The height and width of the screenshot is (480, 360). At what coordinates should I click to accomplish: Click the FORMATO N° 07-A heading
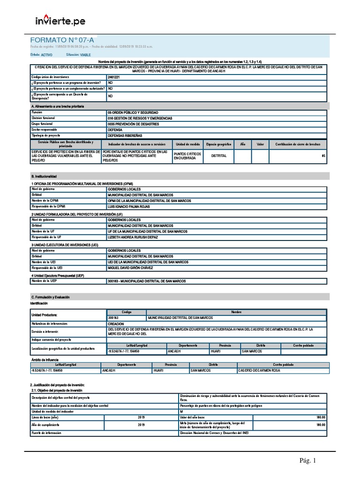tap(59, 40)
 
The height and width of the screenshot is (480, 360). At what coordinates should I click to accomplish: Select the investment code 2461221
tap(113, 76)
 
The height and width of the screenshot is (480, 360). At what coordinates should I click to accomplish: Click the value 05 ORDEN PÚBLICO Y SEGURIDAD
tap(133, 113)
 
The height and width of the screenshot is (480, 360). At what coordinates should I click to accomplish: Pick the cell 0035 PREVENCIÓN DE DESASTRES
tap(135, 124)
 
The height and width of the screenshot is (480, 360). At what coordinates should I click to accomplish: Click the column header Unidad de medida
tap(188, 144)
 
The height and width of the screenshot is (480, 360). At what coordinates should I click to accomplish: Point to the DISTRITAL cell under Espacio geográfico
tap(219, 156)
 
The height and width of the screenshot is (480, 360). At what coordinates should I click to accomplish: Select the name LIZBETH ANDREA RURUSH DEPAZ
tap(133, 237)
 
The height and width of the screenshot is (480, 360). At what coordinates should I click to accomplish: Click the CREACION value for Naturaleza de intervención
tap(116, 324)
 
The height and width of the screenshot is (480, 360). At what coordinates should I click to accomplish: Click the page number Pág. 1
tap(308, 461)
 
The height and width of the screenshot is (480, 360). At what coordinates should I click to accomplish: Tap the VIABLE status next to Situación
tap(85, 55)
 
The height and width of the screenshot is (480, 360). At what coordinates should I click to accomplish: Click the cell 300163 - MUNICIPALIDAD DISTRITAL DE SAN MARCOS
tap(147, 281)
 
